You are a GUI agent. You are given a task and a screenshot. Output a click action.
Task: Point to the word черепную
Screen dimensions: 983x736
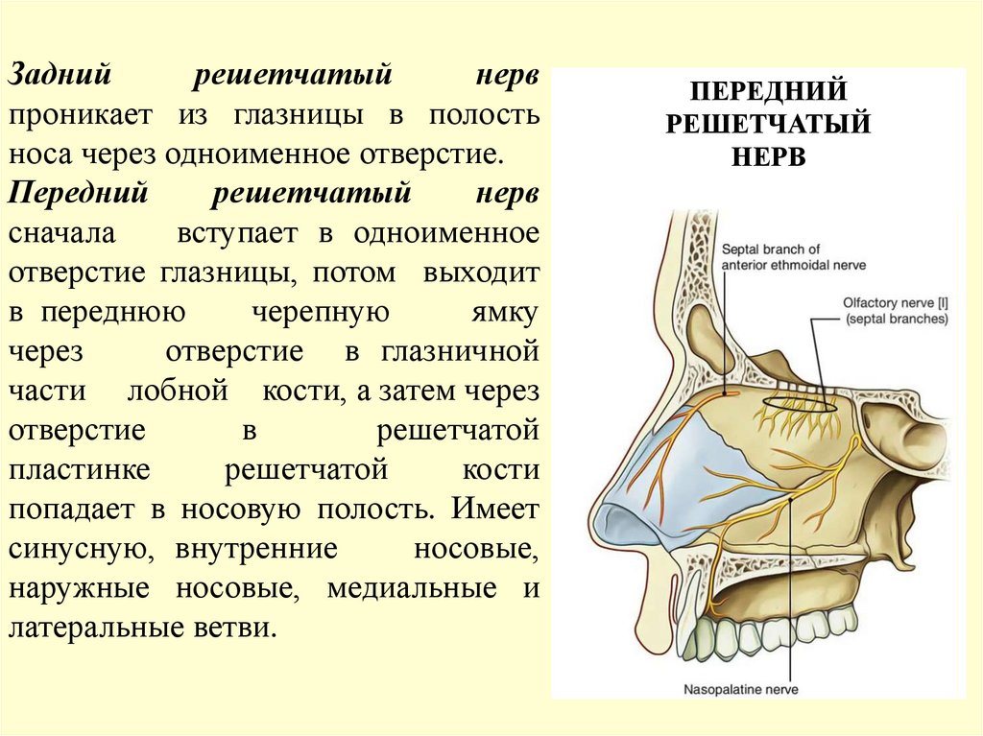tap(320, 313)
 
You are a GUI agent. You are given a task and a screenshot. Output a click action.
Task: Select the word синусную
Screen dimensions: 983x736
tap(77, 549)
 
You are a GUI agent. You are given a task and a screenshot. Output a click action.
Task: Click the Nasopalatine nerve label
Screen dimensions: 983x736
tap(740, 688)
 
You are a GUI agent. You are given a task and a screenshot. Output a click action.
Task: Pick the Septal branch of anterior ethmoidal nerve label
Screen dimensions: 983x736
tap(772, 257)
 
